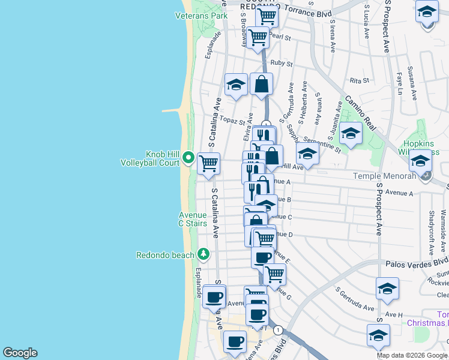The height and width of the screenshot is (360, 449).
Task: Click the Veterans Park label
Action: pos(201,16)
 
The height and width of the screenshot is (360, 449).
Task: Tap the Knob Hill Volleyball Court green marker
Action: pos(188,158)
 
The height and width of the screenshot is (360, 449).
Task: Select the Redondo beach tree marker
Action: pos(203,254)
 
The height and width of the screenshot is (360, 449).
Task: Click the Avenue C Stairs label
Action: pos(192,219)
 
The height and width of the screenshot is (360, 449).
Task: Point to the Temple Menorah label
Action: pos(393,176)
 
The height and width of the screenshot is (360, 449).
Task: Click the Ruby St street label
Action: pos(281,63)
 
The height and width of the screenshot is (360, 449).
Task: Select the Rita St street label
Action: pos(358,80)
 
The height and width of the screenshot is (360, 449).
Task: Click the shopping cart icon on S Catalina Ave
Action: pos(208,163)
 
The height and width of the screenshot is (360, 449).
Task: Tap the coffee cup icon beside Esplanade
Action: pos(214,296)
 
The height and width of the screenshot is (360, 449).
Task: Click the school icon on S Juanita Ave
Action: pos(351,133)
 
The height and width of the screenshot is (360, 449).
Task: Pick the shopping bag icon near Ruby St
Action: pos(261,85)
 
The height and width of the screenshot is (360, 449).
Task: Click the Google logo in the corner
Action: pos(19,353)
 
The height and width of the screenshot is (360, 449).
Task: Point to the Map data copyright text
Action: pos(412,355)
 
